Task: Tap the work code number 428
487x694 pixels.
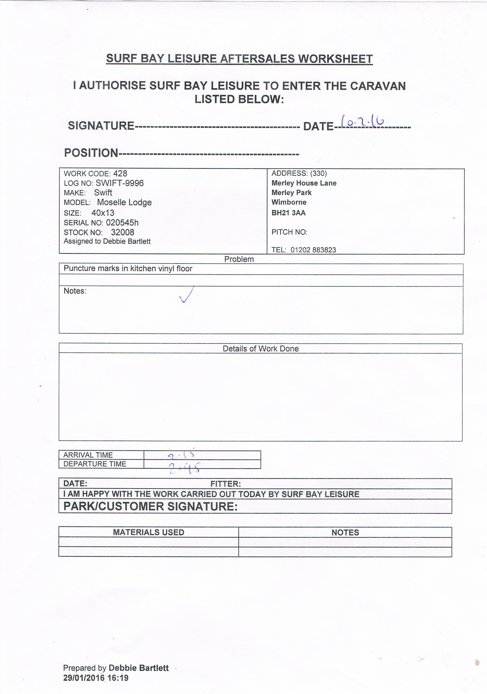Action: (x=120, y=173)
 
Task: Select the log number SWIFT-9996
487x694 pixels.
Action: (x=119, y=183)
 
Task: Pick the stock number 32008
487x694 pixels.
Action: (x=123, y=232)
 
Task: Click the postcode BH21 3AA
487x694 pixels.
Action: (x=288, y=213)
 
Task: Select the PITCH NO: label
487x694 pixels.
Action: (x=289, y=232)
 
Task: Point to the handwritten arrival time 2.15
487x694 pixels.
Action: (x=181, y=454)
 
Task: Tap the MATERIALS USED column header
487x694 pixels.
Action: (x=149, y=532)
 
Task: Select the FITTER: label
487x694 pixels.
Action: (x=225, y=484)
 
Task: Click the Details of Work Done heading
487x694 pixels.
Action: (x=260, y=349)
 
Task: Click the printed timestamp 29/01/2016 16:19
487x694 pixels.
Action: (x=96, y=678)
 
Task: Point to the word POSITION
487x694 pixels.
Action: (x=91, y=153)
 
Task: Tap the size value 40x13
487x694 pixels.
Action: (x=103, y=213)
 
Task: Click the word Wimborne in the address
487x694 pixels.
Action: (x=289, y=202)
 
